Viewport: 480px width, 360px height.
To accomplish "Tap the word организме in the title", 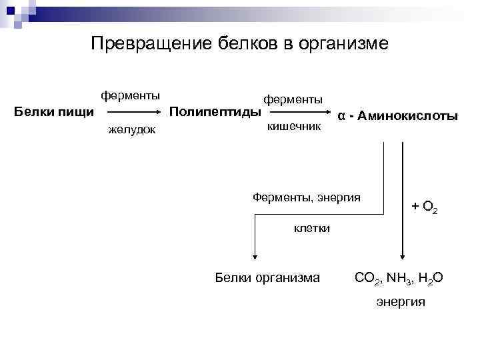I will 343,44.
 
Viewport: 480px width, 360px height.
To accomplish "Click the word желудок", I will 132,129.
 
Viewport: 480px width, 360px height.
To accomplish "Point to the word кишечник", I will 294,125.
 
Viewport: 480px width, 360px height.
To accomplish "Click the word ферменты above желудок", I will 130,95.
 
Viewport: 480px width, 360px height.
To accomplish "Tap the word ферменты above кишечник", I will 293,99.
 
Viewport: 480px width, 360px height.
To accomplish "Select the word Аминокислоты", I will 407,116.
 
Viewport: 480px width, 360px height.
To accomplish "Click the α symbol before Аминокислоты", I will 341,116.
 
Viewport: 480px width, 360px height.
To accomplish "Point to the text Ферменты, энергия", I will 307,197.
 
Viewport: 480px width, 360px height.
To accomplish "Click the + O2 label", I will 425,208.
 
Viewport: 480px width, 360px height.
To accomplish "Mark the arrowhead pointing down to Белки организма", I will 255,257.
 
